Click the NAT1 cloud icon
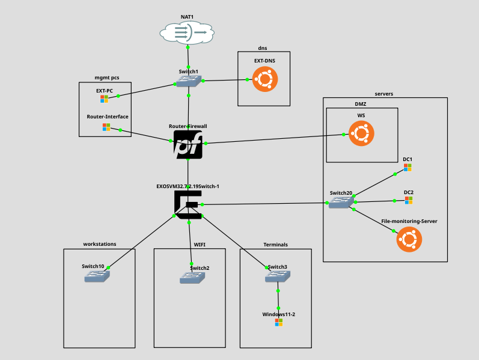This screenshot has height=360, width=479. [188, 32]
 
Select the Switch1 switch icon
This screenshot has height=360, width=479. [189, 81]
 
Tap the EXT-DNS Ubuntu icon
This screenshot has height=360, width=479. [264, 79]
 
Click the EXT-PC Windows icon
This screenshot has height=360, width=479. [105, 99]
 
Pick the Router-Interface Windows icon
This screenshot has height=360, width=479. [106, 127]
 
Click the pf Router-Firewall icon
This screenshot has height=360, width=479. [188, 145]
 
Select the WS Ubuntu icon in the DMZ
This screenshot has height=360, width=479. [361, 133]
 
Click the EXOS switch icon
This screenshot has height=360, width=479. [188, 205]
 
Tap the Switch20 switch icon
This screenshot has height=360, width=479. [341, 203]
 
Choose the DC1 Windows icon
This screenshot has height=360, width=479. [408, 168]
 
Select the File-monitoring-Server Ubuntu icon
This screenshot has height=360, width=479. [409, 239]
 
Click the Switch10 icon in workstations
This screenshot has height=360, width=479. [97, 276]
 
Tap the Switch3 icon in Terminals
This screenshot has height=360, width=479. [278, 276]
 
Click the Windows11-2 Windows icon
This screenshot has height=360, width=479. [279, 322]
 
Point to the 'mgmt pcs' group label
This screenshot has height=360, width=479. [107, 78]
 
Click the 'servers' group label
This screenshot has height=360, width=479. [383, 94]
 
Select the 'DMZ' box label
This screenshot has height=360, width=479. [361, 104]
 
